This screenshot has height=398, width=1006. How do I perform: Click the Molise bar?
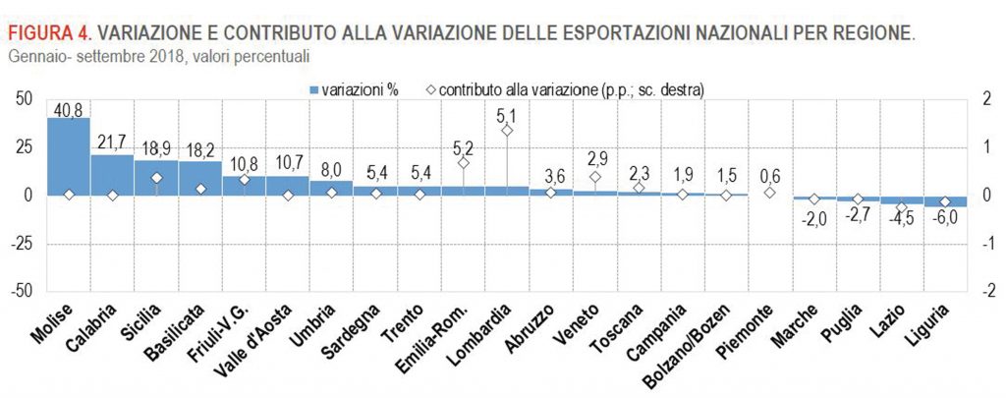pos(68,156)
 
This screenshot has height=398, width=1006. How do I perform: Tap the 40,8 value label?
pos(68,109)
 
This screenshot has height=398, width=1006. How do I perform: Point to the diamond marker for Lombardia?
pos(507,131)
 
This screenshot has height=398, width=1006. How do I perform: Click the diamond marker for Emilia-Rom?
pos(464,163)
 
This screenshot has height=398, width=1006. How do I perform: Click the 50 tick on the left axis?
pos(25,98)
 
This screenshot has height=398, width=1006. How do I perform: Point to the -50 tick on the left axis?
pos(22,292)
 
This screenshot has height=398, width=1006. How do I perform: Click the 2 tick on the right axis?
pos(984,98)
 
